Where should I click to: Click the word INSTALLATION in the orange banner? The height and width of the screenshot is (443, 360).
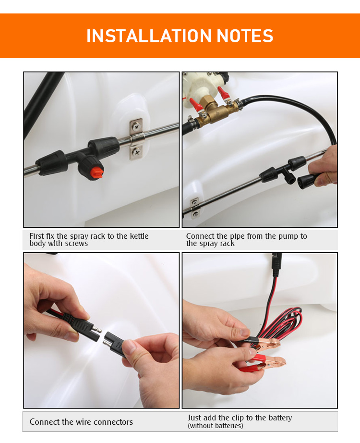[x=149, y=36]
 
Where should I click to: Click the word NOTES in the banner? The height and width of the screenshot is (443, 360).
[x=245, y=36]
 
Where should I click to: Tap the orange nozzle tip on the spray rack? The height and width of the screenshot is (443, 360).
[x=97, y=173]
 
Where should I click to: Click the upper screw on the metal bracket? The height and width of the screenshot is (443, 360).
[x=136, y=126]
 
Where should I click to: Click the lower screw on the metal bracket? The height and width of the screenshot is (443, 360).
[x=137, y=152]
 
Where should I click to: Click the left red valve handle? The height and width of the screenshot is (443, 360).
[x=196, y=105]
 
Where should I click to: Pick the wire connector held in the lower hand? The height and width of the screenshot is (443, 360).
[x=115, y=343]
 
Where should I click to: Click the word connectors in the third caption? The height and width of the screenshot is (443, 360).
[x=113, y=422]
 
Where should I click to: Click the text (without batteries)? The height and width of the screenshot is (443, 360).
[x=216, y=426]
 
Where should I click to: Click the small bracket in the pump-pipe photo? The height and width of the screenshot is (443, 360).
[x=195, y=209]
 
